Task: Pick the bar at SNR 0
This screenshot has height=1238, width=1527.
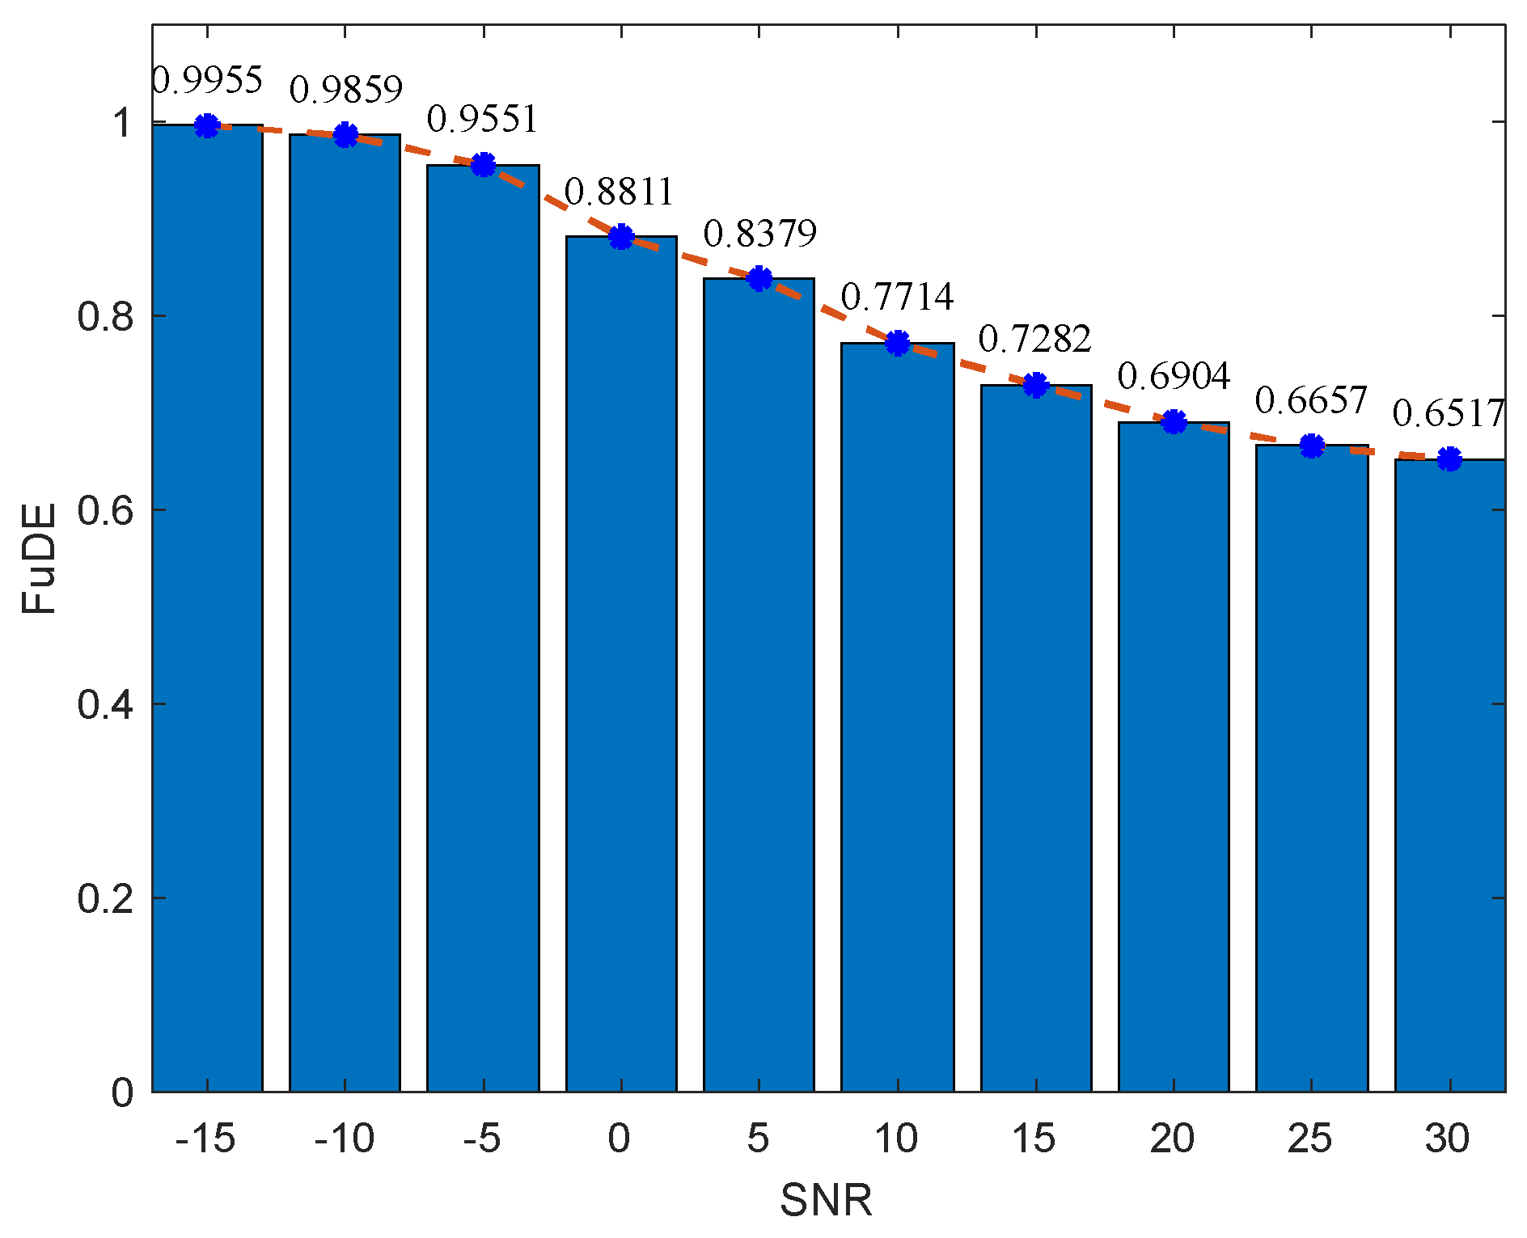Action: click(620, 664)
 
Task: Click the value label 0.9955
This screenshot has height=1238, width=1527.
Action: click(207, 80)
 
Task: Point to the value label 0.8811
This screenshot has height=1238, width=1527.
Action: click(619, 192)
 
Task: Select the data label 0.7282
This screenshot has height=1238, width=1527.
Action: click(1034, 339)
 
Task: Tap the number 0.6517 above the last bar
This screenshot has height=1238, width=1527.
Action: click(1448, 414)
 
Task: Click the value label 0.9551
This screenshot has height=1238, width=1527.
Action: click(482, 120)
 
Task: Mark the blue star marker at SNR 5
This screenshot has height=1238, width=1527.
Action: click(759, 279)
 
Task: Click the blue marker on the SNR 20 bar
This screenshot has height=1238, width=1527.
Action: click(1174, 421)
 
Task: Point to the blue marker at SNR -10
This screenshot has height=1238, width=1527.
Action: click(345, 135)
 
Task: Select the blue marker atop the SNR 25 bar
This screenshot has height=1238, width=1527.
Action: click(1311, 445)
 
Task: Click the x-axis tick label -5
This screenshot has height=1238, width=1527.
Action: click(482, 1139)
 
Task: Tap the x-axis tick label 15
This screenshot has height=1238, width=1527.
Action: click(1034, 1139)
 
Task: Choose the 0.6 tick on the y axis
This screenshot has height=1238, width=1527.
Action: click(104, 510)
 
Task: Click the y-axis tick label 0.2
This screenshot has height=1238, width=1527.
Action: click(104, 898)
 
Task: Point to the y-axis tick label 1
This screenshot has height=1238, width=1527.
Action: click(121, 123)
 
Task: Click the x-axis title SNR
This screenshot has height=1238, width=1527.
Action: click(826, 1200)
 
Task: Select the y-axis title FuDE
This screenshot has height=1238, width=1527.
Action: click(39, 558)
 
